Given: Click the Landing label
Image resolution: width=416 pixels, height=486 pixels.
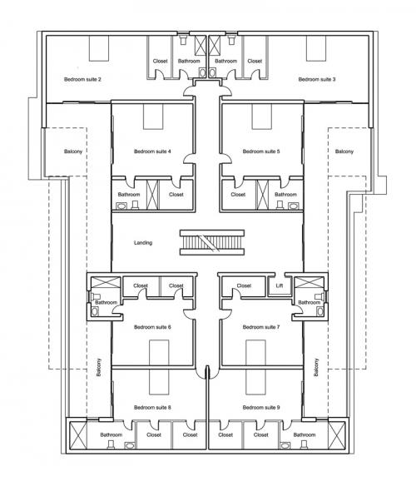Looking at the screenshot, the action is [x=143, y=243].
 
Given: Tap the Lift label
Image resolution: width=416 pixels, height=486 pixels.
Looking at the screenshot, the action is [x=280, y=285].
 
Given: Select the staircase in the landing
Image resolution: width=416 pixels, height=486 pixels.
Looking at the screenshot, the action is [x=212, y=243].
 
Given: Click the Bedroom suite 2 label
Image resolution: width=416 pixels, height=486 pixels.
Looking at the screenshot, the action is [x=82, y=79].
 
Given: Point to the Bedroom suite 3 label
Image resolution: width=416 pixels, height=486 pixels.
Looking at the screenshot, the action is [x=317, y=79].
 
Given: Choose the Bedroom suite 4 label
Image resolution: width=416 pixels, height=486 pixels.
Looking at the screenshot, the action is [x=152, y=151].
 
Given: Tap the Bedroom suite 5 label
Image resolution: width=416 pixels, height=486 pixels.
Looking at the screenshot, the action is [x=261, y=151].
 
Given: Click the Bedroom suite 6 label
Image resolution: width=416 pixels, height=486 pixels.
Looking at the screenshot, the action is [x=152, y=327].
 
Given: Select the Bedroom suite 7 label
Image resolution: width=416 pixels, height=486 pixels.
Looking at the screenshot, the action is [x=261, y=327].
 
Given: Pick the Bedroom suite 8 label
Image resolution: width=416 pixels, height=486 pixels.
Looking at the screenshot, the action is [x=152, y=407].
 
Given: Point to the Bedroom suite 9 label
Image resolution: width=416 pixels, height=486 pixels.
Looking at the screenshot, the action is [x=261, y=407].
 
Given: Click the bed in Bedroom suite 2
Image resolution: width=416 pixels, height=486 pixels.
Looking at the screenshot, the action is [x=99, y=48].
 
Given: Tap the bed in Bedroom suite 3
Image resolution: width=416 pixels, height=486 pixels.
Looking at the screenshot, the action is [x=316, y=48].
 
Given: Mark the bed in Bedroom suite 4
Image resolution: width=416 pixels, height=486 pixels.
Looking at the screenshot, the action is [x=153, y=117].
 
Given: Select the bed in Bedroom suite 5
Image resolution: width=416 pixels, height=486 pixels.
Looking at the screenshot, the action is [x=262, y=117].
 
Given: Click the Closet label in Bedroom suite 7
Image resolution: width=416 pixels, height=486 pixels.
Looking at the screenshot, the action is [x=244, y=285].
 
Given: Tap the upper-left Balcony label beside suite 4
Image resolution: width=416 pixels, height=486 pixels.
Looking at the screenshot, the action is [x=73, y=151].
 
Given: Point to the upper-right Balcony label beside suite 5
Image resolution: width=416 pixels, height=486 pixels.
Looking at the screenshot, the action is [x=344, y=151].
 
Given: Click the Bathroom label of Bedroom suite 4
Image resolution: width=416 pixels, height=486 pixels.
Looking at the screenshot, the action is [x=129, y=195].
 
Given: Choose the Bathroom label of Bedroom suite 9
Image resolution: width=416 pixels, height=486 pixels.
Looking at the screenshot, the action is [x=304, y=435].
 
